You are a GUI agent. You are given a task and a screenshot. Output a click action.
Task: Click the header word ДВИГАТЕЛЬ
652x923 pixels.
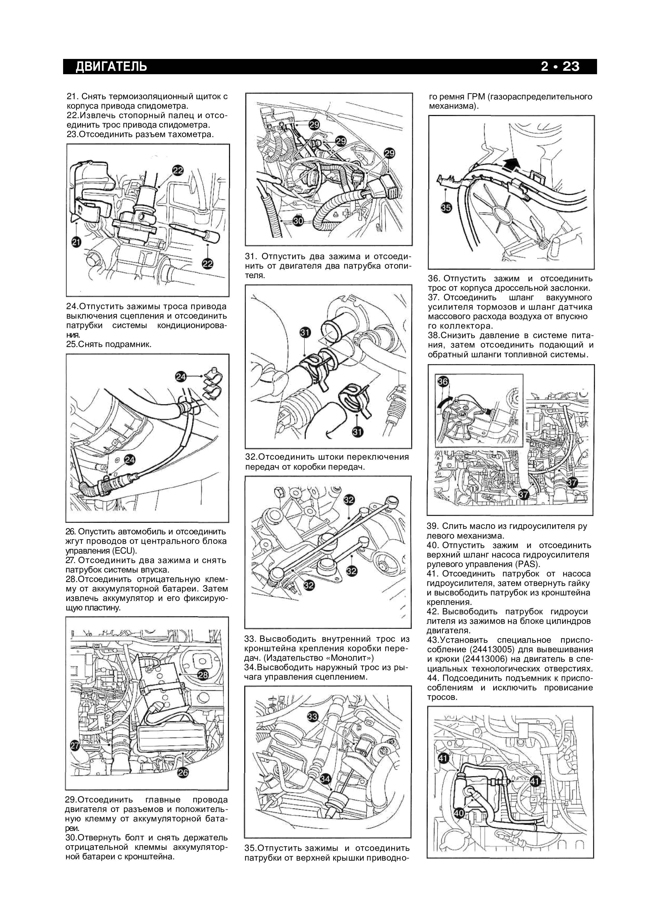(111, 66)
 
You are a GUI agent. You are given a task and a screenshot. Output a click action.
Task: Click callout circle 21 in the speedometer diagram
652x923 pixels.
(76, 242)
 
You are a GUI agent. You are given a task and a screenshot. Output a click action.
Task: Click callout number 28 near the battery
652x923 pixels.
(203, 675)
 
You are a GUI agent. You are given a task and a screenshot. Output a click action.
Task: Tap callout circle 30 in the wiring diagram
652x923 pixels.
(298, 221)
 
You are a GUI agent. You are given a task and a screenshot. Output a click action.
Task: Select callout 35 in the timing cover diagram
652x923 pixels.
(446, 208)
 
